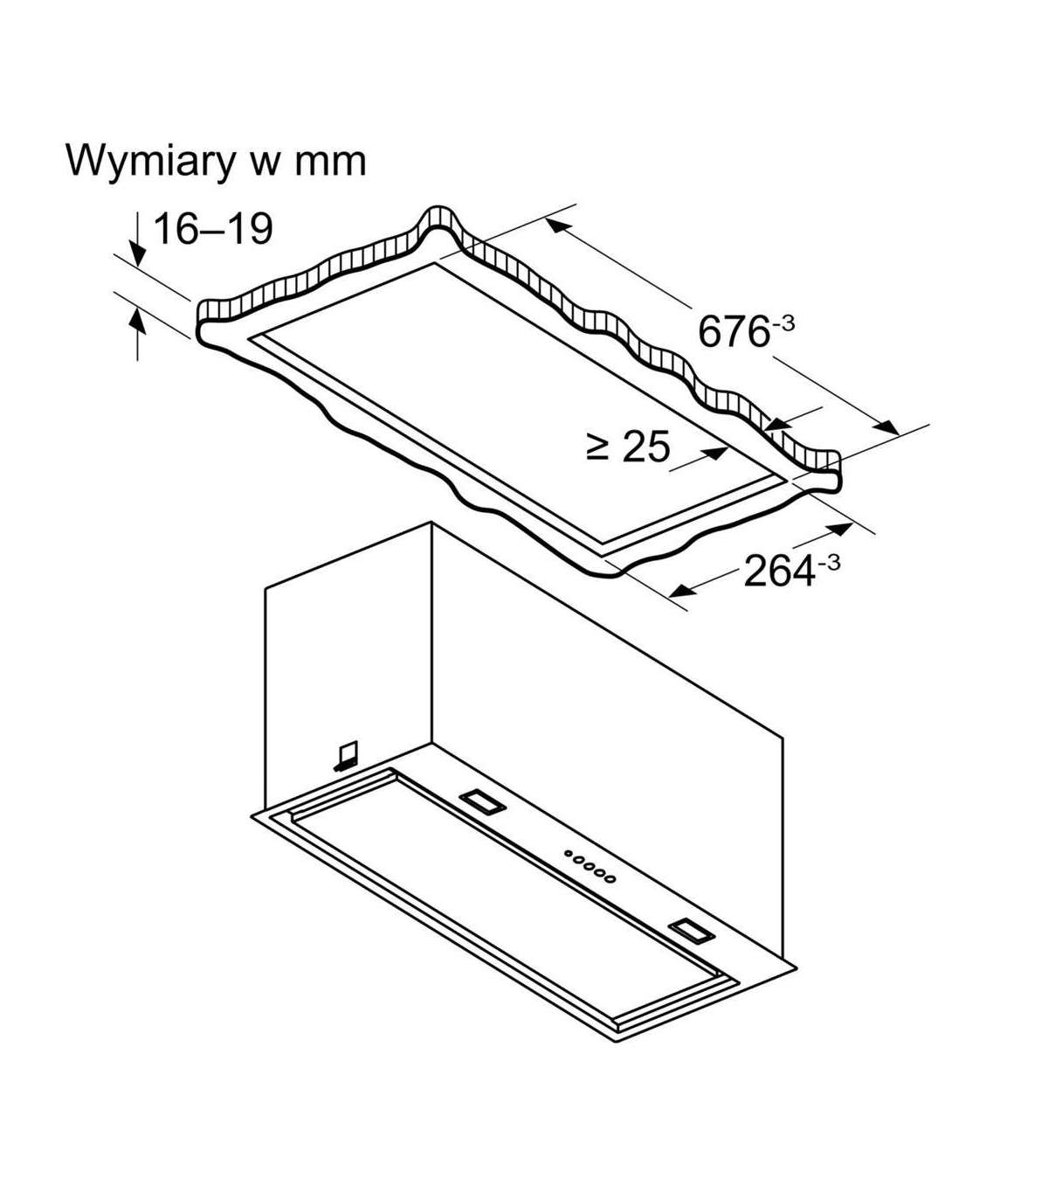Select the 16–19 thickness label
click(213, 229)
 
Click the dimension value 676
click(733, 332)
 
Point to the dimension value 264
click(778, 572)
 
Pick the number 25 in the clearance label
click(646, 447)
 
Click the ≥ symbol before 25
click(598, 447)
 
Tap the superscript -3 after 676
click(783, 322)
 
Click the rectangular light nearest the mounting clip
click(479, 800)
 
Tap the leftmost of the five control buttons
click(569, 854)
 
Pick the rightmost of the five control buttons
click(610, 878)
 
